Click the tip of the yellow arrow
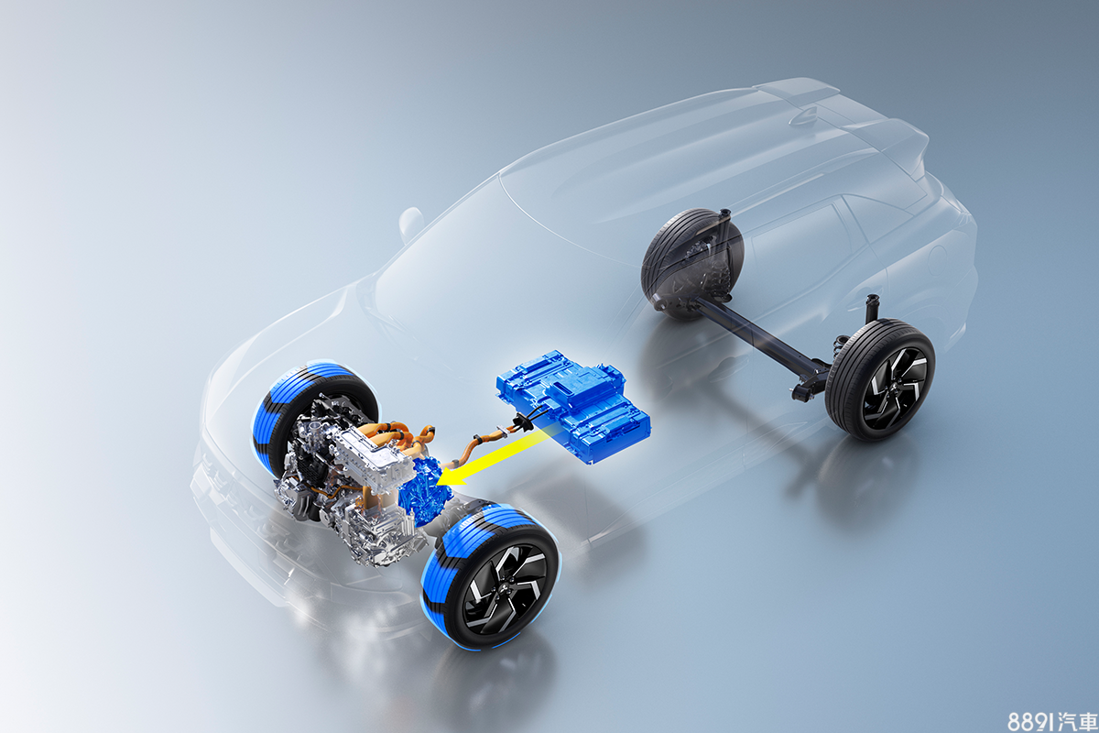point(437,483)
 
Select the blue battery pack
point(573,406)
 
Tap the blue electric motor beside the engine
point(423,491)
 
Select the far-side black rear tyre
point(691,262)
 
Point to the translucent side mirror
point(411,224)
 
